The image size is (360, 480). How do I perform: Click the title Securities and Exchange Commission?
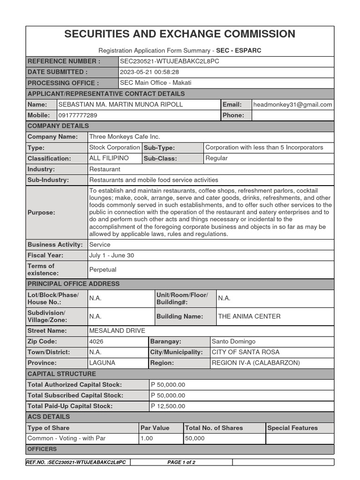(180, 34)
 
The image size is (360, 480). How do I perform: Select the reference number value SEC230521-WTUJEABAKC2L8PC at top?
(169, 61)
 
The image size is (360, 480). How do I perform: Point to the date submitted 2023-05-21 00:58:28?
(150, 72)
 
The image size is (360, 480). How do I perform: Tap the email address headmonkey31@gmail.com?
(292, 105)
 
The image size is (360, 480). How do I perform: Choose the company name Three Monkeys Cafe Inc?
(124, 137)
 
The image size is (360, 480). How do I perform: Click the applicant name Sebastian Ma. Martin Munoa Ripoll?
(120, 105)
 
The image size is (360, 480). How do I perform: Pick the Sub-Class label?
(160, 158)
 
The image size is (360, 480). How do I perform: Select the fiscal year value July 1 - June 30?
(111, 255)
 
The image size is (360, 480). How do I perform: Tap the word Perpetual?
(103, 270)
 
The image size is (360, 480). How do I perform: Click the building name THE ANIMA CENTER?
(249, 316)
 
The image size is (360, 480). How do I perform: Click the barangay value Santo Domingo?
(233, 342)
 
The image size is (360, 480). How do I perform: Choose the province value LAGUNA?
(102, 363)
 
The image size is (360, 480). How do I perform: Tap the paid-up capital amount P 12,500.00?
(168, 406)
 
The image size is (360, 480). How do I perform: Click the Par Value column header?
(155, 428)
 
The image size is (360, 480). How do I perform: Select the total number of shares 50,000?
(195, 438)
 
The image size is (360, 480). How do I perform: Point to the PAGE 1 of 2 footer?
(181, 462)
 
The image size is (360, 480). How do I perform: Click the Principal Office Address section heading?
(74, 284)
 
